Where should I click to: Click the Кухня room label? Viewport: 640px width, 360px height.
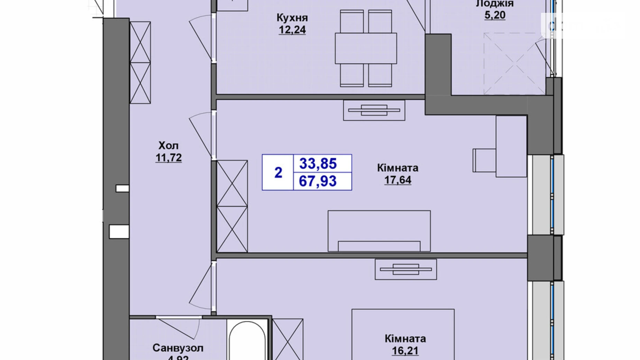(x=292, y=17)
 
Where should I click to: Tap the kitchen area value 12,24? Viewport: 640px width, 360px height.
(x=292, y=30)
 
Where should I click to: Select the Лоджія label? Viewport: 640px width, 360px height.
(x=495, y=3)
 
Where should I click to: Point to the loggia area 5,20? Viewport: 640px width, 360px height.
(x=495, y=15)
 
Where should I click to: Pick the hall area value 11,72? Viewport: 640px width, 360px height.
(x=168, y=158)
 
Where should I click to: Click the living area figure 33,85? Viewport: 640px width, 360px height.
(x=318, y=163)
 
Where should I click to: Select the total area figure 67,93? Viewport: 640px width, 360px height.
(x=318, y=181)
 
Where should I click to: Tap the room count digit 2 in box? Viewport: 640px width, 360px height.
(x=278, y=172)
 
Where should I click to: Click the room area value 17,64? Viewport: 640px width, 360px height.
(x=397, y=180)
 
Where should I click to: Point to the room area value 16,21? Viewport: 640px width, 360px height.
(x=405, y=351)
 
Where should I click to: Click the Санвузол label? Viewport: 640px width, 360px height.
(x=178, y=348)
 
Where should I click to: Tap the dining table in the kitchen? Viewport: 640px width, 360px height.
(x=366, y=48)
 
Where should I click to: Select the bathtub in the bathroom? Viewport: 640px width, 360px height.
(x=247, y=341)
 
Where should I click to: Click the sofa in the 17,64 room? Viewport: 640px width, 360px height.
(x=379, y=231)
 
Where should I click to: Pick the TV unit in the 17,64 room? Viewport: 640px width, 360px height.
(x=374, y=110)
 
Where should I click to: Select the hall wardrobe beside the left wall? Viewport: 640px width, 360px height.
(x=140, y=62)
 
